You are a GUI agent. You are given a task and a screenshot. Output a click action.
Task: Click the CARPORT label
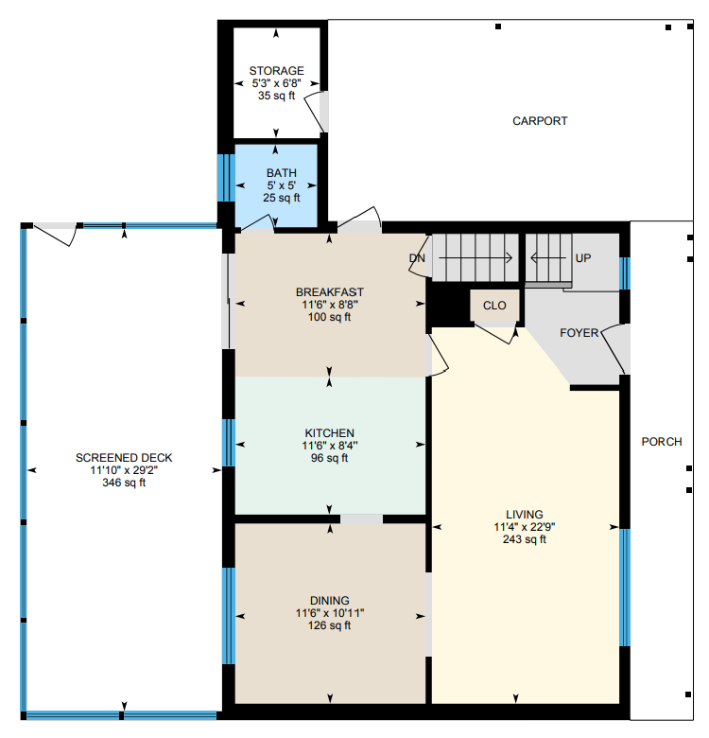coord(540,121)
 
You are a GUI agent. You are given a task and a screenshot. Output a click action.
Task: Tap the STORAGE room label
coord(276,71)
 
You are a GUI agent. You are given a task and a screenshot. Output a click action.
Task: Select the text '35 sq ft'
coord(276,96)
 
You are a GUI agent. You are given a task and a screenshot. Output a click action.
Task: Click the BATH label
coord(281,173)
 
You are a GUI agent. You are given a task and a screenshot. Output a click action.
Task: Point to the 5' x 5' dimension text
coord(281,185)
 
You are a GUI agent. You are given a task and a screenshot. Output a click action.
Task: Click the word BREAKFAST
coord(330,291)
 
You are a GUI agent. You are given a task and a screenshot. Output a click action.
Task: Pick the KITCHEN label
coord(330,433)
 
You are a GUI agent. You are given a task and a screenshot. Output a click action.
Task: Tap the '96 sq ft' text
coord(330,458)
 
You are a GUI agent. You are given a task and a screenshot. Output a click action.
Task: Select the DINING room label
coord(330,601)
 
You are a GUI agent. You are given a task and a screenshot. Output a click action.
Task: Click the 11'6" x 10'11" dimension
coord(330,613)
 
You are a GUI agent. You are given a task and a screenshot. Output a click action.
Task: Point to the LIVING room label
coord(525,515)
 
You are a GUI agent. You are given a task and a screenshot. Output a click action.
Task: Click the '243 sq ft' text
coord(525,539)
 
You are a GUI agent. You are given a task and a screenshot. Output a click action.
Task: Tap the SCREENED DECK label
coord(124,458)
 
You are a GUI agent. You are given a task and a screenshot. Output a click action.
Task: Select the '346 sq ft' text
coord(124,483)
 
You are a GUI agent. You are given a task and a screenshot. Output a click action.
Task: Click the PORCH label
coord(662,442)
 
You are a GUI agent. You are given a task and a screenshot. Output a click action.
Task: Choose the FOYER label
coord(579,333)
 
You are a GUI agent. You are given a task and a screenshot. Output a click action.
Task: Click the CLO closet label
coord(494,306)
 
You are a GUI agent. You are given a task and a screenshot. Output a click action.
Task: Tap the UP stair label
coord(583,258)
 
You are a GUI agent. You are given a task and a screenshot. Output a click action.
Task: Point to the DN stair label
coord(417,258)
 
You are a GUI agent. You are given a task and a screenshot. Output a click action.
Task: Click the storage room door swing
coord(314,112)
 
